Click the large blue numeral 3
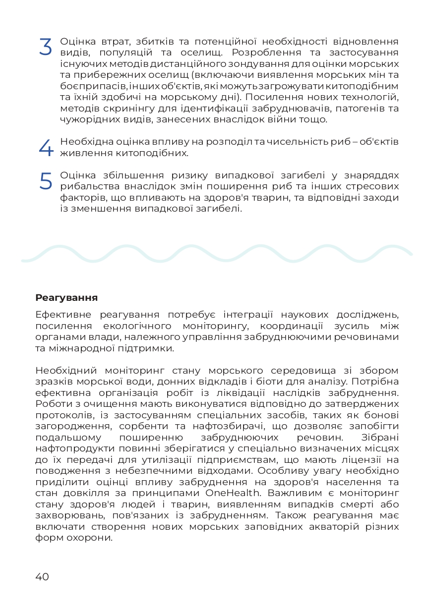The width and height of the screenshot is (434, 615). tap(45, 47)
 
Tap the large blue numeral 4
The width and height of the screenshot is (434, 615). tap(45, 148)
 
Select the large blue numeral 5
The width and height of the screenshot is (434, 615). tap(45, 181)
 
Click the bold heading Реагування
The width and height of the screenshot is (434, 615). tap(66, 298)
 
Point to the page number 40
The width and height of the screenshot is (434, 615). tap(42, 576)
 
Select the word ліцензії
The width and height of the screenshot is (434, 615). tap(362, 460)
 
